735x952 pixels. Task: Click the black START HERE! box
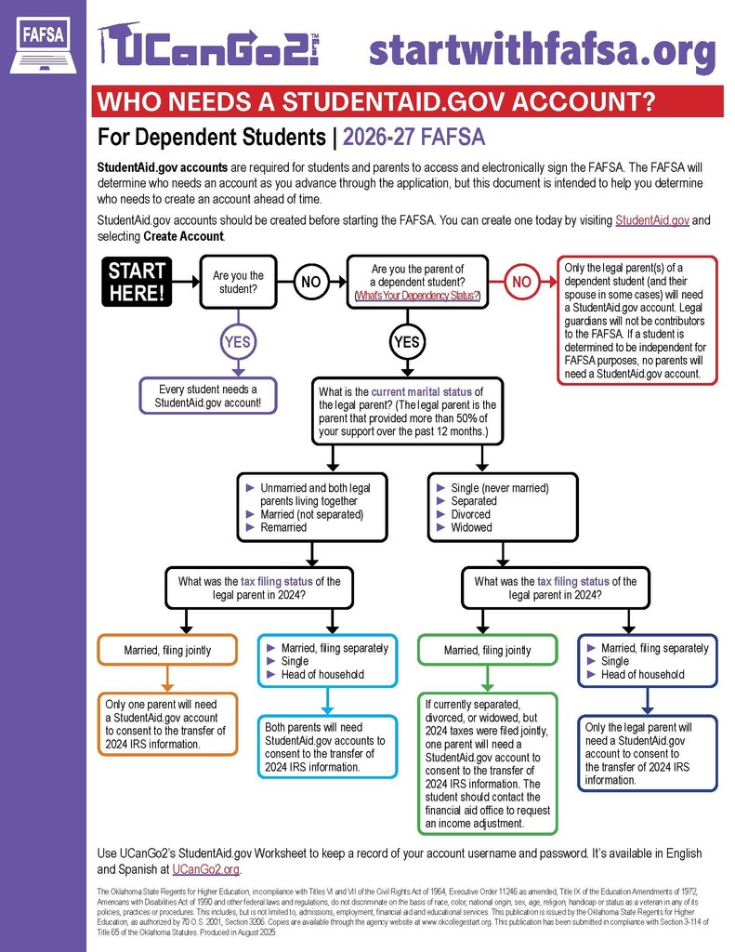coord(138,281)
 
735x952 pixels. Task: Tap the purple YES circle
coord(238,341)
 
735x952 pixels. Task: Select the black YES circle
coord(407,341)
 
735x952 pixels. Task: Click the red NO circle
coord(522,281)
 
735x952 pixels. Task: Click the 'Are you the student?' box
coord(239,282)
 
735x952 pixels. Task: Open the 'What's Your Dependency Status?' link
coord(417,296)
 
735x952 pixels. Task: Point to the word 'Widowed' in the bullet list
coord(471,527)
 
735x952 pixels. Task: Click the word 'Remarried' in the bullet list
coord(284,527)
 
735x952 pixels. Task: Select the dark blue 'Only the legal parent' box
coord(648,753)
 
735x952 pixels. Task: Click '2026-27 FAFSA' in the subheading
coord(414,139)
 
